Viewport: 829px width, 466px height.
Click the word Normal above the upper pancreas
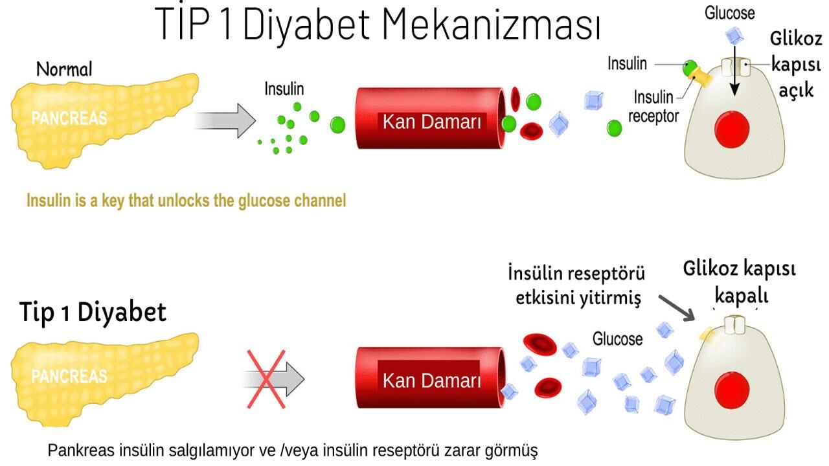tap(64, 69)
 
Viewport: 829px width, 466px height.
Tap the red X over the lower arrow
tap(267, 379)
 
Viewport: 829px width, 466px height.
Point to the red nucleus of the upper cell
tap(732, 128)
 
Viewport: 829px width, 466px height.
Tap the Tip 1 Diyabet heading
tap(93, 312)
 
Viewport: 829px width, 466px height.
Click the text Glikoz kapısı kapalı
tap(740, 282)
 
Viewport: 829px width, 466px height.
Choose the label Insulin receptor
tap(653, 107)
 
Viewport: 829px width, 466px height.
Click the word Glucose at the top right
tap(729, 13)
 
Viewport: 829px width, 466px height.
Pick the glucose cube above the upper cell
tap(734, 35)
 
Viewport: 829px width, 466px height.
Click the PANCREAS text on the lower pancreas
tap(69, 376)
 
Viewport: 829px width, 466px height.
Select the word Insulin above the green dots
tap(284, 89)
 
